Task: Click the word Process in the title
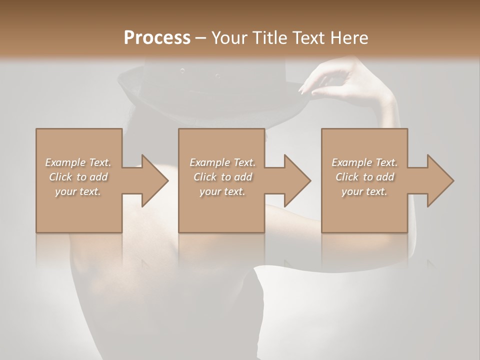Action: coord(157,38)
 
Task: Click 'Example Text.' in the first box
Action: coord(78,162)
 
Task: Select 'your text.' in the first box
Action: coord(78,191)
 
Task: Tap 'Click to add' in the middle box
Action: coord(222,177)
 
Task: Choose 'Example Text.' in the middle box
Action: coord(222,162)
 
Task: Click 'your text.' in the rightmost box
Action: coord(364,191)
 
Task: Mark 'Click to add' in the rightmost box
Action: coord(364,177)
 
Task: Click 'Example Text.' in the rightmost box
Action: coord(364,162)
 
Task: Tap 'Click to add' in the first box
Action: coord(78,177)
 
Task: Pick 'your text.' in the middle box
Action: coord(222,191)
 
